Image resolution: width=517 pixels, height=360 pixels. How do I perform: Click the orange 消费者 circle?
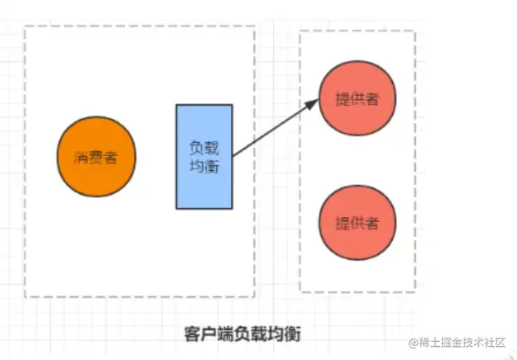pos(96,157)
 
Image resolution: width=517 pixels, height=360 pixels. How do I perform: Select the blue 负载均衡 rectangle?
pos(204,155)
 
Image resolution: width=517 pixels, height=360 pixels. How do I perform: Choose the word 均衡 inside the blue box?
pos(204,164)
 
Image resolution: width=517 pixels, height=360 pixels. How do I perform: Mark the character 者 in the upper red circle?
pos(372,99)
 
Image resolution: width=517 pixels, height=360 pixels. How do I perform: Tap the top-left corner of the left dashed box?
pos(25,26)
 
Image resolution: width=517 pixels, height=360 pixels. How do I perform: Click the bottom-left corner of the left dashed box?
pos(25,296)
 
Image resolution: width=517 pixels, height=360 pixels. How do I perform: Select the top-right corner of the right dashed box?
pos(415,31)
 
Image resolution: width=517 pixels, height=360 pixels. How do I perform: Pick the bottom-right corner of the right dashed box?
pos(415,291)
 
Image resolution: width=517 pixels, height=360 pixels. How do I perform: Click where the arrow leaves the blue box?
pos(233,155)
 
